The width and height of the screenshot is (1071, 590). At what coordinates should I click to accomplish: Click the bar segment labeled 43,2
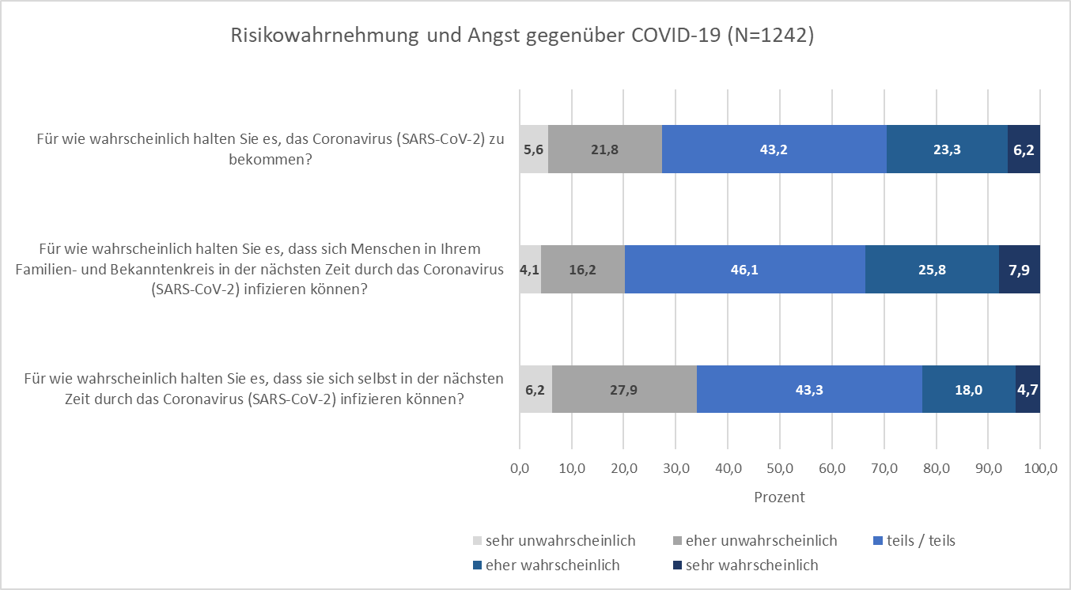coord(774,149)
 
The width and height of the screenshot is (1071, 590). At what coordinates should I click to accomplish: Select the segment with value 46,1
coord(744,269)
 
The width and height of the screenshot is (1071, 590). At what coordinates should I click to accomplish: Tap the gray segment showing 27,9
coord(624,389)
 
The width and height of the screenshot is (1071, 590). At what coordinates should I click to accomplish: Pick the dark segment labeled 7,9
coord(1019,269)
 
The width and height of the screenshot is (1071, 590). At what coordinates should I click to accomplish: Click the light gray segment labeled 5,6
coord(533,149)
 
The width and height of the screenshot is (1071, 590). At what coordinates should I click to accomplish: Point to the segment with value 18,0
coord(968,389)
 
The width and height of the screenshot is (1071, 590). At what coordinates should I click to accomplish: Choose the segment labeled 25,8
coord(931,269)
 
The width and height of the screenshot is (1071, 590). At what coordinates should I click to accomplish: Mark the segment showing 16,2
coord(583,269)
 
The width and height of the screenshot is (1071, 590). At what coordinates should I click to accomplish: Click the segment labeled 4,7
coord(1027,389)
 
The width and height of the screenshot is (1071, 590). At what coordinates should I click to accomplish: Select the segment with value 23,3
coord(946,149)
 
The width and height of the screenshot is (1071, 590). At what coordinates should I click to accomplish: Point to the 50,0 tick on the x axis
coord(780,469)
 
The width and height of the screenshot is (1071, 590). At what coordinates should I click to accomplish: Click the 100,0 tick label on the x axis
coord(1039,469)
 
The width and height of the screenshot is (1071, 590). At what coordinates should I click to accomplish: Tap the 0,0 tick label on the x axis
coord(520,469)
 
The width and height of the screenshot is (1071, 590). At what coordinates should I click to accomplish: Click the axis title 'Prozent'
coord(779,497)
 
